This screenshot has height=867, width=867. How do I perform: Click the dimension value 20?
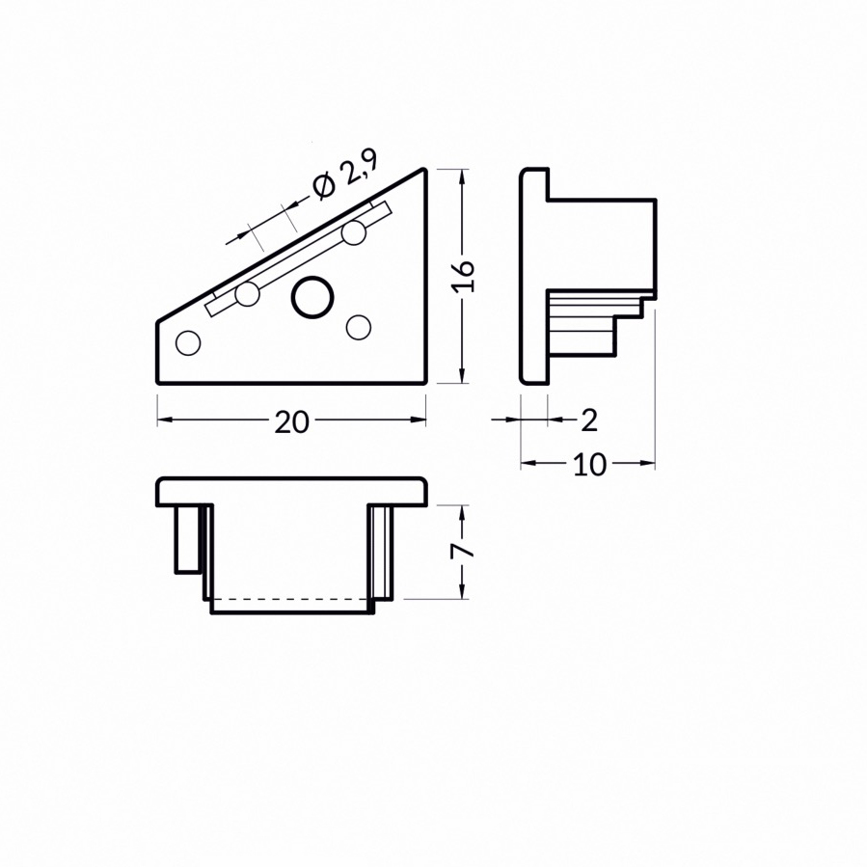coord(291,422)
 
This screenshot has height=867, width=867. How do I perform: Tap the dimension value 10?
coord(589,465)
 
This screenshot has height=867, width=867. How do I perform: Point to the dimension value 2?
coord(589,420)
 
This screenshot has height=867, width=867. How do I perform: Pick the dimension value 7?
coord(463,552)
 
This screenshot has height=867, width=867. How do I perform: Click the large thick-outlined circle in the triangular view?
coord(312,297)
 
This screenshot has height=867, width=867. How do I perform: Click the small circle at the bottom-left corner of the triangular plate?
coord(187,342)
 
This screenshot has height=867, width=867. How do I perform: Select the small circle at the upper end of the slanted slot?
coord(354,232)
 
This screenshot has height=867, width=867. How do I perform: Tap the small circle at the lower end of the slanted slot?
coord(247,293)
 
